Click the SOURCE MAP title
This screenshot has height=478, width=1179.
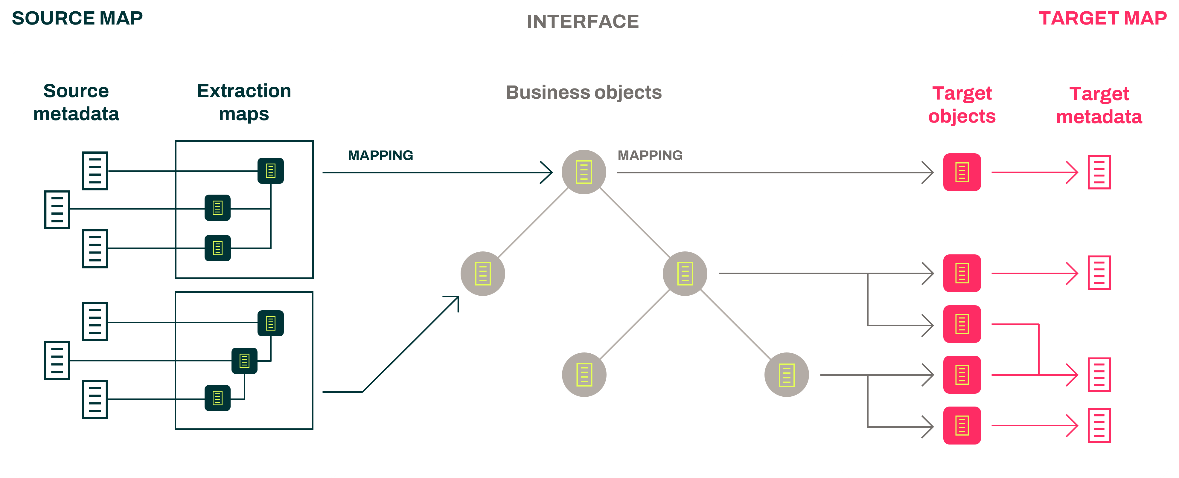pyautogui.click(x=77, y=18)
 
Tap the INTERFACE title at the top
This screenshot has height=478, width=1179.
pyautogui.click(x=583, y=22)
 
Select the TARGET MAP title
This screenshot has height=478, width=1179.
pyautogui.click(x=1102, y=18)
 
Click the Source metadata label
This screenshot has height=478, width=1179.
pyautogui.click(x=76, y=102)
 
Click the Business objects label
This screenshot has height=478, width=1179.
pyautogui.click(x=584, y=92)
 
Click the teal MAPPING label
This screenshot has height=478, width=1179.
pyautogui.click(x=380, y=155)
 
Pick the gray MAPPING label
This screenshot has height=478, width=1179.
pyautogui.click(x=650, y=155)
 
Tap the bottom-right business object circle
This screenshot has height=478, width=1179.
pyautogui.click(x=786, y=375)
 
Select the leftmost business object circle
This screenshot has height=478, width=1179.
pyautogui.click(x=482, y=274)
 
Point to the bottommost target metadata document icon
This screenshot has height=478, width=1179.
pyautogui.click(x=1099, y=425)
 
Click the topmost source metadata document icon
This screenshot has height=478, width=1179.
pyautogui.click(x=95, y=171)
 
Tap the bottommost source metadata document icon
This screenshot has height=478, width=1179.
pyautogui.click(x=95, y=399)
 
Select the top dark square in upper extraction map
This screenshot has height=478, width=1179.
pyautogui.click(x=270, y=171)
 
